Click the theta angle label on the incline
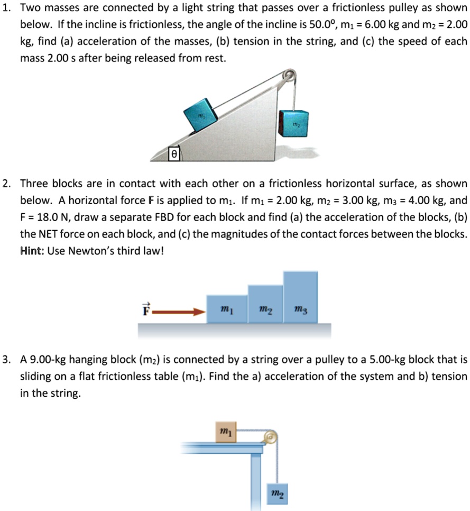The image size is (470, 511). [x=174, y=154]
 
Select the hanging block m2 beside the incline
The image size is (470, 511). [x=293, y=124]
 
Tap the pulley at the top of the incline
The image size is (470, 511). [x=289, y=76]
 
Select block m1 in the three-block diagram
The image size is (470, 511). [x=227, y=309]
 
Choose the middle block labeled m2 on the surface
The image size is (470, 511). [x=265, y=304]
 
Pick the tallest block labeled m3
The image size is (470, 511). [x=301, y=297]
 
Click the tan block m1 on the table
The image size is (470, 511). [x=226, y=432]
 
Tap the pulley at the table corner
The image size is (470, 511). [x=271, y=437]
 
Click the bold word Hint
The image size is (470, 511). [x=32, y=251]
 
